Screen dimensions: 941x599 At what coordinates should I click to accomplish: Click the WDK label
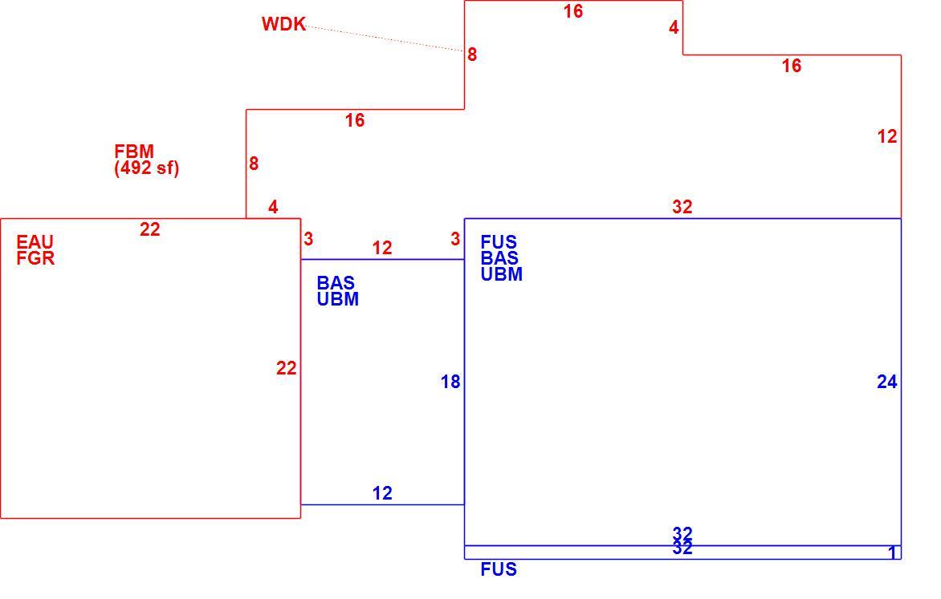[284, 24]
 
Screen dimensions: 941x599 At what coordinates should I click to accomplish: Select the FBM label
[134, 151]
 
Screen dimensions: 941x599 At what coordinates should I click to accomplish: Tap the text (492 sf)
[146, 168]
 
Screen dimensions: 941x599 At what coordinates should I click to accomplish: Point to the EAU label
[35, 242]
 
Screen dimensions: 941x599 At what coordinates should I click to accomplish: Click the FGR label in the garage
[35, 258]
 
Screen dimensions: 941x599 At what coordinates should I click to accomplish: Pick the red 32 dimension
[682, 207]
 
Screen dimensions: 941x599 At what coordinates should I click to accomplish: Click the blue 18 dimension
[450, 382]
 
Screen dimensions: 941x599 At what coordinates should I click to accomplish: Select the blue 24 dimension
[887, 382]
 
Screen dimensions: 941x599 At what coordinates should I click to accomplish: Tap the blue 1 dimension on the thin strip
[892, 552]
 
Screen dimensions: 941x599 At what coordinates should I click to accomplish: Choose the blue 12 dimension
[382, 493]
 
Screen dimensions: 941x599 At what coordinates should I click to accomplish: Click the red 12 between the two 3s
[382, 249]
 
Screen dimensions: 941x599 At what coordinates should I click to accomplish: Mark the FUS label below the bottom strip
[499, 569]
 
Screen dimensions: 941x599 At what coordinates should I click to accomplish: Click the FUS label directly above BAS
[499, 242]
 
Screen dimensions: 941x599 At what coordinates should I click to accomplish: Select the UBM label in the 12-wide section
[338, 299]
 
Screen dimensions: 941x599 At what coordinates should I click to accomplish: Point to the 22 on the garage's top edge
[150, 229]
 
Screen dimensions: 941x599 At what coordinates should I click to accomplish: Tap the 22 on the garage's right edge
[287, 368]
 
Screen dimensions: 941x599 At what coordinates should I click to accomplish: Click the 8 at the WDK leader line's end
[472, 55]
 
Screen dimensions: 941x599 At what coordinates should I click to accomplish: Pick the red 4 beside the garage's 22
[273, 208]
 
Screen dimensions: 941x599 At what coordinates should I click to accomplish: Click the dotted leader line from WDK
[385, 38]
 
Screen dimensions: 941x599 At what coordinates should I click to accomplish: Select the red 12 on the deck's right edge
[887, 136]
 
